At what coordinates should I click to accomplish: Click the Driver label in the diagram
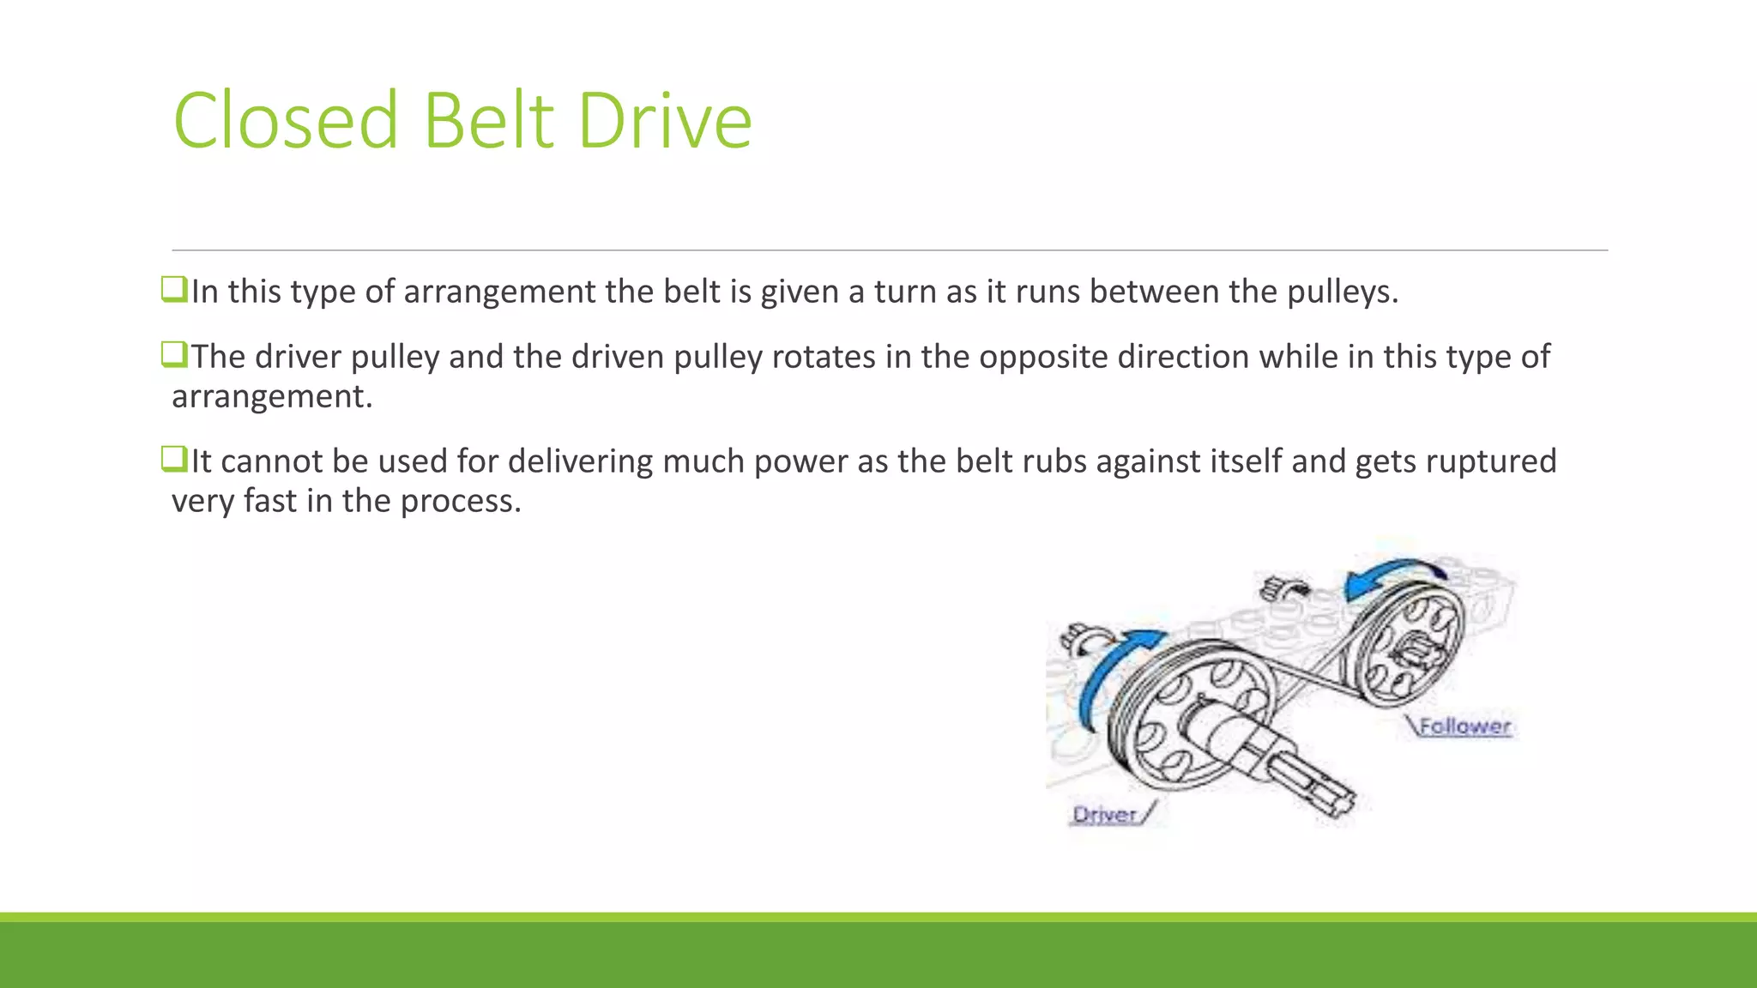[x=1105, y=814]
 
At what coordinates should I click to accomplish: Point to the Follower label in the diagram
[x=1464, y=726]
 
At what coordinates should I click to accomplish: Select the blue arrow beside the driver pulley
[x=1111, y=673]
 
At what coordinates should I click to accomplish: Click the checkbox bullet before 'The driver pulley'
[x=174, y=354]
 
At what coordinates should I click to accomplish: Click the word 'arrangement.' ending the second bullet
[x=272, y=397]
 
